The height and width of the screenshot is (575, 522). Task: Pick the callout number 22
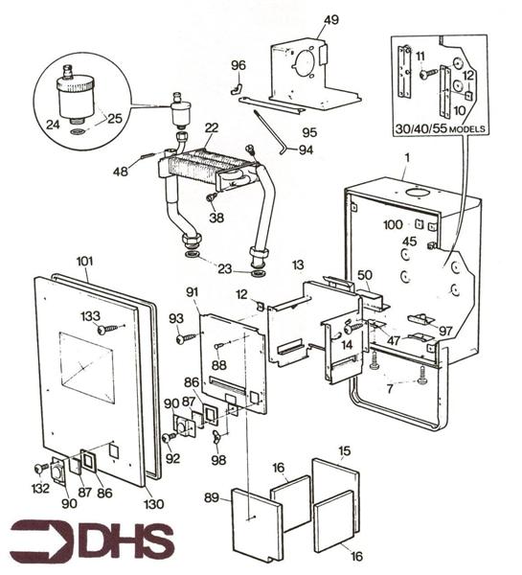pyautogui.click(x=211, y=128)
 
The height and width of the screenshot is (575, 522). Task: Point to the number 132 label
pyautogui.click(x=40, y=489)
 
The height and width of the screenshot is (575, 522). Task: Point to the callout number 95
pyautogui.click(x=309, y=131)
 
